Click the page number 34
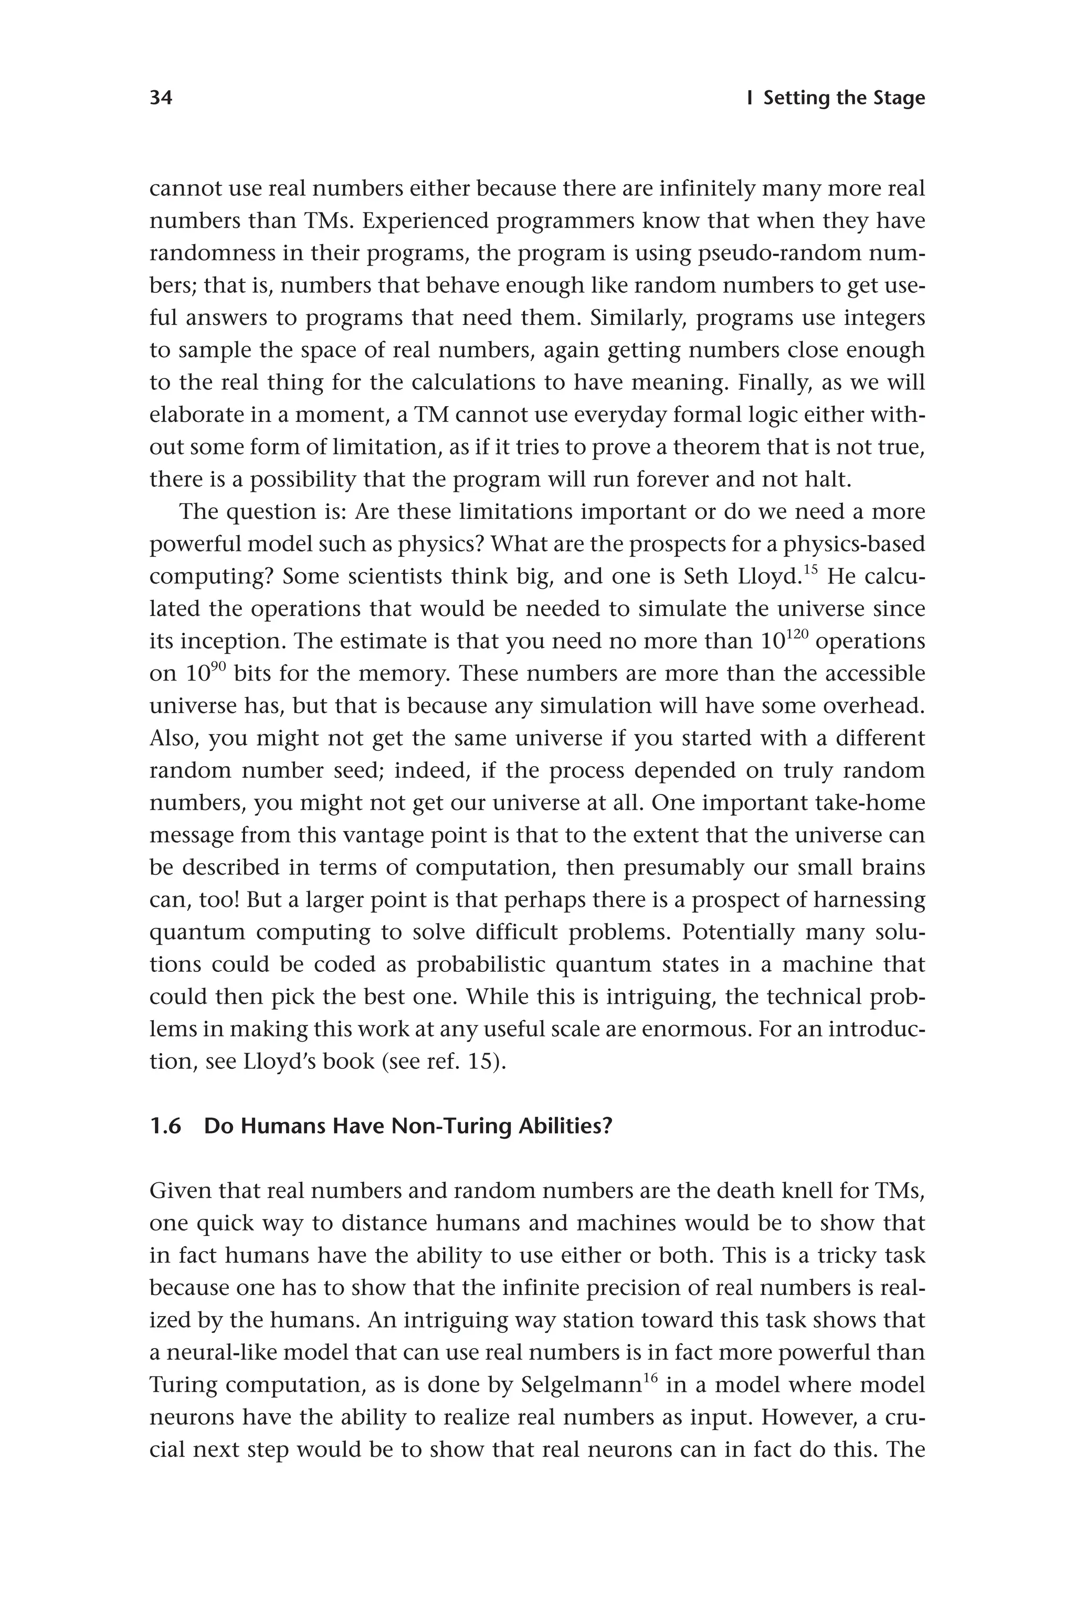(161, 98)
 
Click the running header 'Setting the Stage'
(844, 98)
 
